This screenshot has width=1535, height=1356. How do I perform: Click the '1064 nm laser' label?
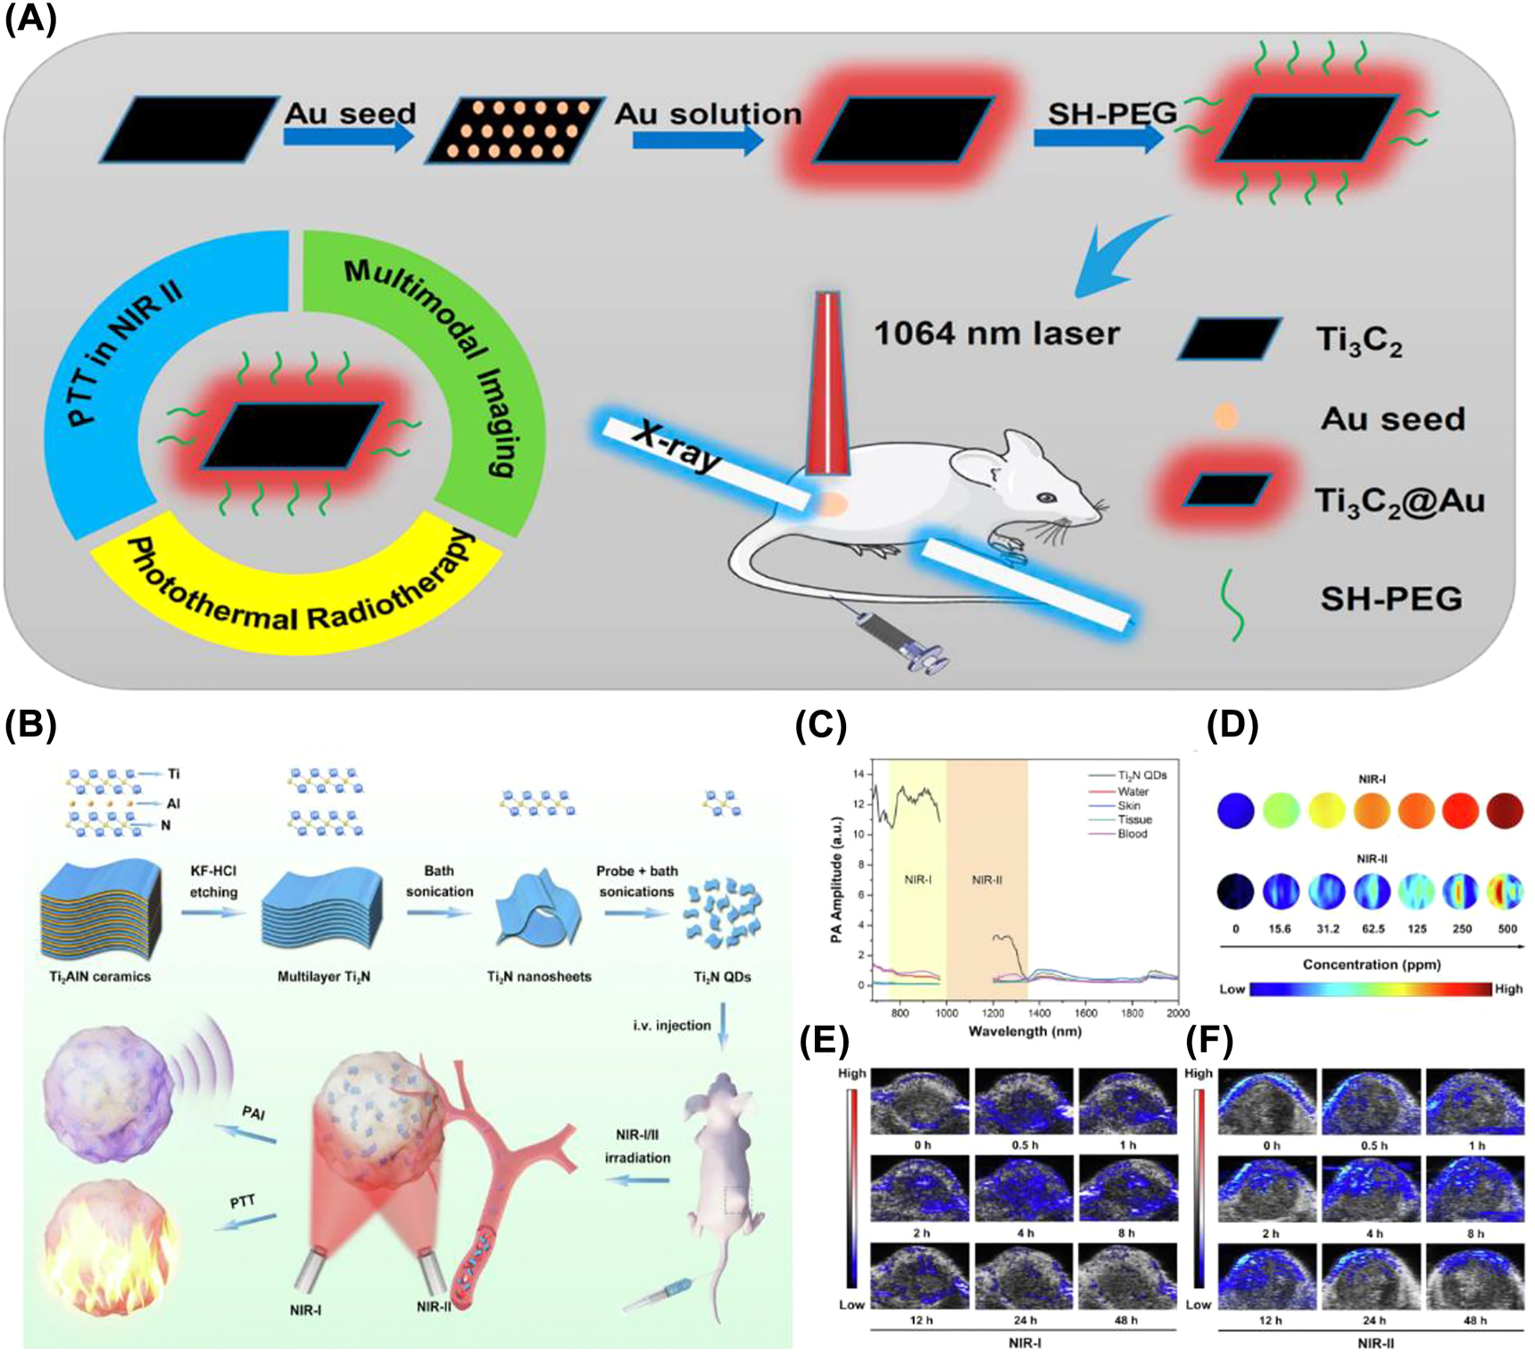[x=996, y=334]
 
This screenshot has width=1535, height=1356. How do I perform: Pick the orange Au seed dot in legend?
[x=1226, y=417]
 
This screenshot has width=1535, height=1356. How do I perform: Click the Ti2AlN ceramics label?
[x=99, y=977]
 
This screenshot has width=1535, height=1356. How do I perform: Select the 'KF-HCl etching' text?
[x=213, y=881]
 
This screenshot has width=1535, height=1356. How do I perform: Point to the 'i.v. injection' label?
[x=671, y=1025]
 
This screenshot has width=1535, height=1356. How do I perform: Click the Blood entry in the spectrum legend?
[x=1133, y=834]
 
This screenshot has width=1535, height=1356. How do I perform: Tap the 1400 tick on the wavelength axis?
[x=1039, y=1013]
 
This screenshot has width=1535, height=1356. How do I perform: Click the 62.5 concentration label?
[x=1373, y=928]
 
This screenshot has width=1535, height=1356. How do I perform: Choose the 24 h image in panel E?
[x=1025, y=1277]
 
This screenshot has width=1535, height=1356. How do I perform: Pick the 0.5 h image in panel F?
[x=1373, y=1102]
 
